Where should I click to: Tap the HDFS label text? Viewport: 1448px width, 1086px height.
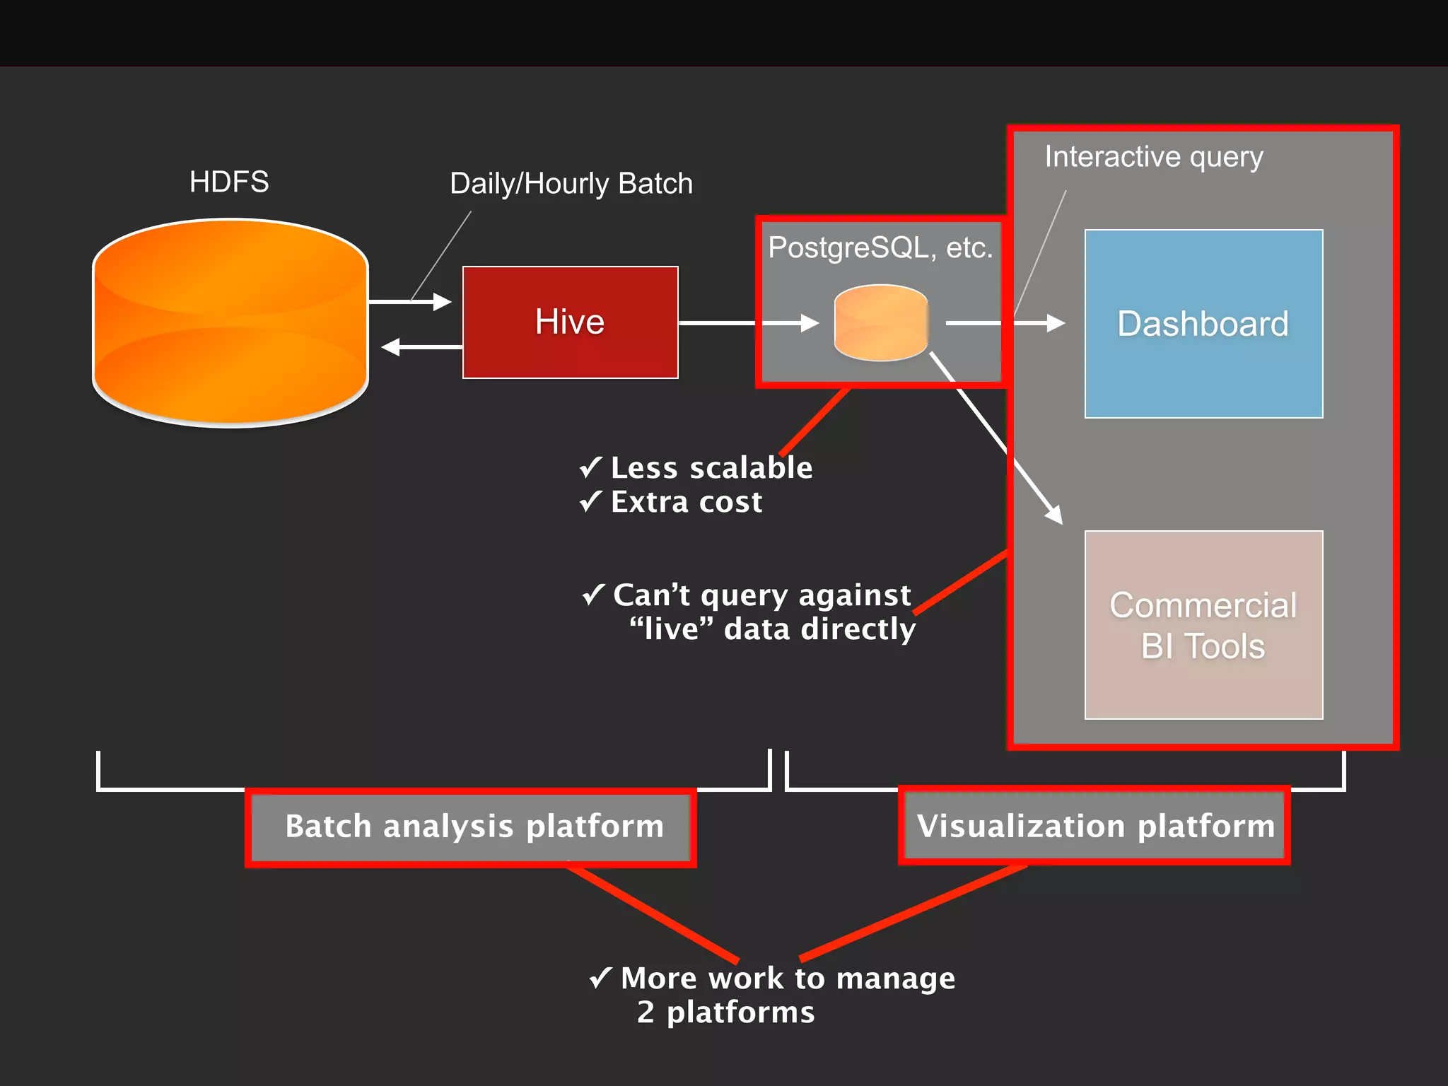tap(229, 182)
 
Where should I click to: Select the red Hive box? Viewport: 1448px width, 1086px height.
tap(570, 322)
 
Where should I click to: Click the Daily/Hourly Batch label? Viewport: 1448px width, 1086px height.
tap(571, 184)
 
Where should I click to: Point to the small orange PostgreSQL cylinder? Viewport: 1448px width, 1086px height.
tap(881, 322)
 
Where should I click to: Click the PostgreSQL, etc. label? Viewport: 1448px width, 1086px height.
tap(880, 247)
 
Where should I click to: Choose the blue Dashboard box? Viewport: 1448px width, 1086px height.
tap(1203, 324)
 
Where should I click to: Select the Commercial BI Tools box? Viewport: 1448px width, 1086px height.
tap(1203, 625)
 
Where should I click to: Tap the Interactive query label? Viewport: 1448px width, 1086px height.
tap(1154, 157)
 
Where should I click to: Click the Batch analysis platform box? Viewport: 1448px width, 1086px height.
tap(471, 827)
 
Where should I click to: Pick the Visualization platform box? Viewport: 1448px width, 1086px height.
tap(1094, 826)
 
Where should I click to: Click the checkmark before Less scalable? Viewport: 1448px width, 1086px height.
tap(590, 467)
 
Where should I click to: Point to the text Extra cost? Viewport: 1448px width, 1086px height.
tap(687, 502)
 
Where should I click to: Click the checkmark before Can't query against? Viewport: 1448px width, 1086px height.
tap(593, 595)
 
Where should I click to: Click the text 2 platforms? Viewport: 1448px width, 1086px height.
tap(725, 1012)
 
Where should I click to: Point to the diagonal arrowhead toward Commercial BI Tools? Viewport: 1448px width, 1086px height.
tap(1054, 514)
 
